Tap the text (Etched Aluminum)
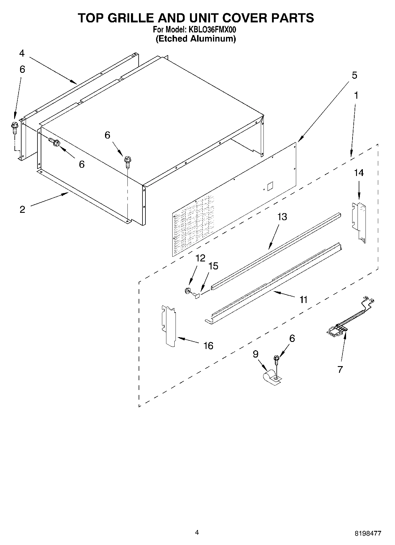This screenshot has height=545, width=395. (x=196, y=39)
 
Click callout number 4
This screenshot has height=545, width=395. (x=22, y=53)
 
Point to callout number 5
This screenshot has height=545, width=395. (x=354, y=75)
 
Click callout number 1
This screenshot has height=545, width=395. (x=356, y=95)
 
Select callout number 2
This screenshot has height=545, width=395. (x=22, y=210)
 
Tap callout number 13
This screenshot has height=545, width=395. (x=282, y=217)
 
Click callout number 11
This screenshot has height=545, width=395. (x=303, y=300)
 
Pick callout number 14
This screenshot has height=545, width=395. (x=359, y=173)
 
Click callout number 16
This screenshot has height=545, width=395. (x=208, y=345)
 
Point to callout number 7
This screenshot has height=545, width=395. (x=340, y=369)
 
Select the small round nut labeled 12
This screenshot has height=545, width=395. (x=187, y=291)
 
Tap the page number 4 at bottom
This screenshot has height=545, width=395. (x=197, y=532)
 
